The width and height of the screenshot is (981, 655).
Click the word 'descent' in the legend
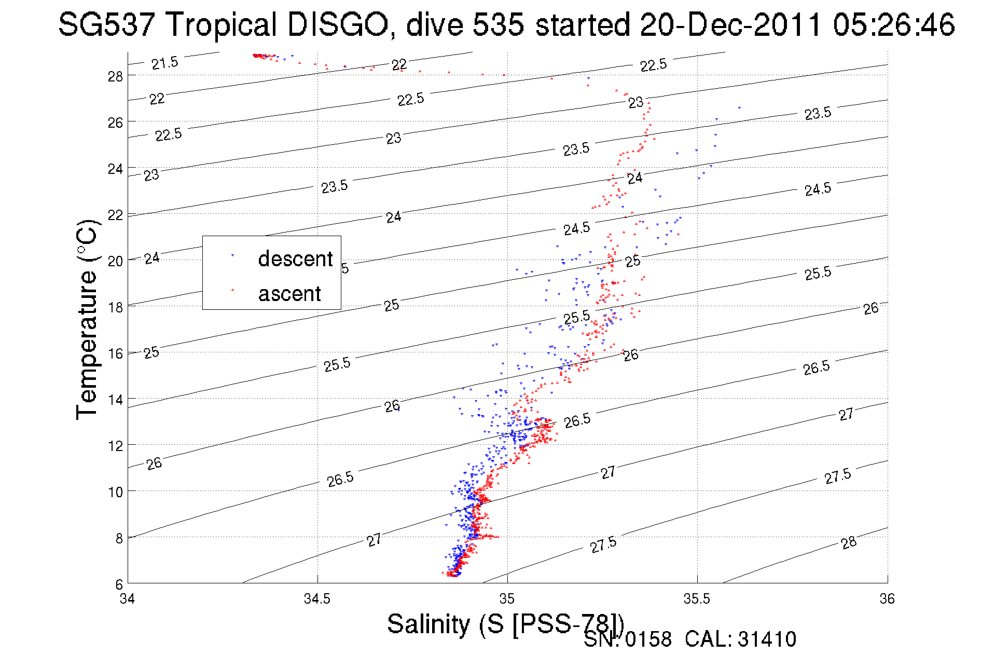pos(295,258)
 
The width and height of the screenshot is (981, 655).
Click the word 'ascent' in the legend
pos(289,294)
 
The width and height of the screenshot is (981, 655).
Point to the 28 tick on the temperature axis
pos(115,76)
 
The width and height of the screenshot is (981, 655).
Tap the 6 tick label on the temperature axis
pos(119,584)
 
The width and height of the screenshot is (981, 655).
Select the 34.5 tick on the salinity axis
pos(317,599)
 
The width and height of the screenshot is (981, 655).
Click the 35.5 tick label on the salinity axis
pos(697,599)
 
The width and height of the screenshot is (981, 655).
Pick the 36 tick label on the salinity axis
pos(887,599)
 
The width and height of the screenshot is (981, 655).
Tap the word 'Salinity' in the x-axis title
pos(428,624)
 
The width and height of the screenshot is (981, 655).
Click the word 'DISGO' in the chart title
pos(337,24)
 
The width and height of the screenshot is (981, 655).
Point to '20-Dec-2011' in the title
pos(730,24)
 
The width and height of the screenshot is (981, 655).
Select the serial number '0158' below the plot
pos(648,639)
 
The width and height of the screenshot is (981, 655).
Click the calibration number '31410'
pos(767,639)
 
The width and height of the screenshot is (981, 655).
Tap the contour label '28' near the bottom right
pos(849,543)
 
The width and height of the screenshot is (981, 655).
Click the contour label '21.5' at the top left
pos(164,63)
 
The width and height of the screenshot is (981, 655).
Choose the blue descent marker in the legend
pos(232,255)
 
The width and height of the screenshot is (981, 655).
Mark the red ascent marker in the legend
pos(232,290)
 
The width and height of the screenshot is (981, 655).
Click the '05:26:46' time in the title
pos(893,24)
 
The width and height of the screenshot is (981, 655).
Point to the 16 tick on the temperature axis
pos(115,353)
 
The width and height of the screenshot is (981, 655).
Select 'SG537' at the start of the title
pos(106,24)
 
